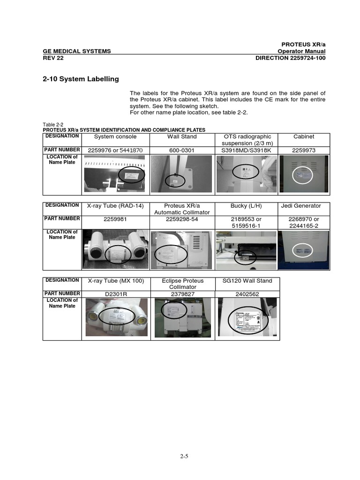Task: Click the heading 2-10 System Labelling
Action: pos(81,79)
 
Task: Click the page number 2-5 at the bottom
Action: pos(180,455)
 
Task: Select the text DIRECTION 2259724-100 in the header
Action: pos(290,58)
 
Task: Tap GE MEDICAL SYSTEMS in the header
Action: pos(77,51)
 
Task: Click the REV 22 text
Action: pos(53,58)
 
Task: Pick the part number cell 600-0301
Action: pos(182,150)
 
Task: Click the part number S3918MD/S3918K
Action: pos(247,150)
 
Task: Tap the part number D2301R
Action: pos(116,294)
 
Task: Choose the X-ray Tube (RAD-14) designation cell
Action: pos(116,206)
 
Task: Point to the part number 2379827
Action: pos(182,294)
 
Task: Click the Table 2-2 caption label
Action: pos(52,125)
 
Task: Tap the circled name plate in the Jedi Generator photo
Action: pos(302,251)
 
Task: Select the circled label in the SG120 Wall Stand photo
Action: pos(246,322)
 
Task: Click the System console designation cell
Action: pos(116,136)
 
